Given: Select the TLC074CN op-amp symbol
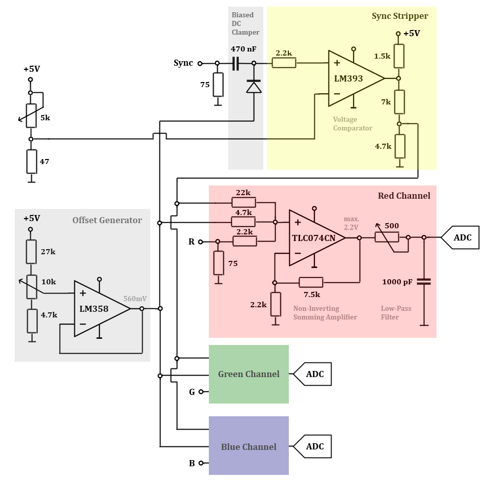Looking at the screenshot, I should [313, 238].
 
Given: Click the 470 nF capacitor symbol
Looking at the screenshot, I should [236, 64].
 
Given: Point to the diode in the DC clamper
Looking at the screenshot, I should [254, 87].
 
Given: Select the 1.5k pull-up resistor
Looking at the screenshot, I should [399, 56].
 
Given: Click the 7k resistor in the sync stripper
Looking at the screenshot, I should [399, 102].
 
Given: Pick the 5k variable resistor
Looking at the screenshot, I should [31, 116].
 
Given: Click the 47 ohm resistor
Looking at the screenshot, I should [31, 162].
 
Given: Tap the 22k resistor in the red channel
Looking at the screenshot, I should [243, 203].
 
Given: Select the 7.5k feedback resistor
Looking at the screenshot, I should [311, 282].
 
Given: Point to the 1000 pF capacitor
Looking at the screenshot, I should [423, 282].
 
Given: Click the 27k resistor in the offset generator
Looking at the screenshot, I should [32, 251].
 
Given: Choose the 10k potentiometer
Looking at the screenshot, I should [32, 286].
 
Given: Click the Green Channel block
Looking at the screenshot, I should [249, 374].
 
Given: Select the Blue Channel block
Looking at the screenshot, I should [249, 446].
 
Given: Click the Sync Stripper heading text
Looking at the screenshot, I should [400, 16].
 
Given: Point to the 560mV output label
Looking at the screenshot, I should [134, 299].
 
